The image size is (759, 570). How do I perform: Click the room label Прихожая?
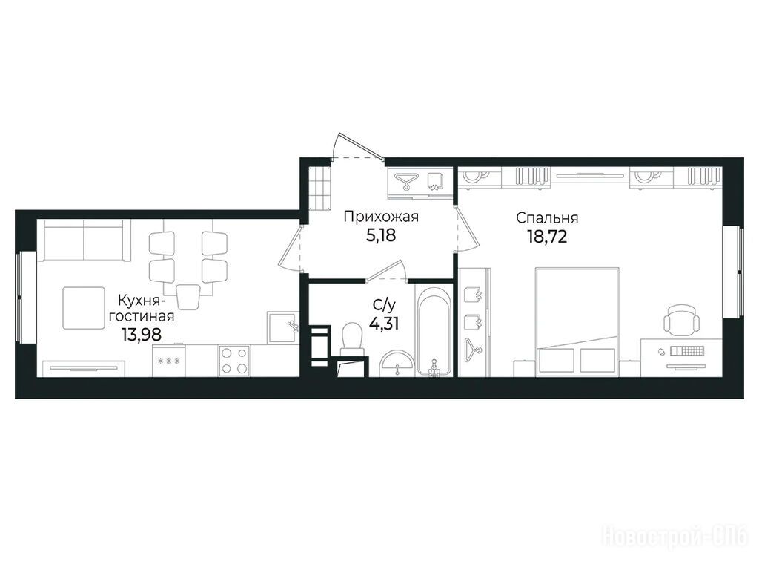click(381, 217)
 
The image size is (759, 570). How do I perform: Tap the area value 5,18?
click(382, 235)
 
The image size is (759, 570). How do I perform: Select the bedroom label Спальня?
click(547, 218)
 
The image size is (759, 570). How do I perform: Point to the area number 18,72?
click(547, 237)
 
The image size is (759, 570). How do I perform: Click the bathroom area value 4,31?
click(384, 323)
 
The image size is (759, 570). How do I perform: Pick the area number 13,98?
click(142, 334)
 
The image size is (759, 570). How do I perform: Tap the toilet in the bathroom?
click(352, 339)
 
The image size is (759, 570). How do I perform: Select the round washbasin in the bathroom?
click(397, 363)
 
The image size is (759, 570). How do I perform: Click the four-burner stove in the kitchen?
click(235, 360)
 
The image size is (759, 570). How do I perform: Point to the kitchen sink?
click(282, 327)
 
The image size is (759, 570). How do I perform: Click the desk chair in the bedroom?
click(681, 319)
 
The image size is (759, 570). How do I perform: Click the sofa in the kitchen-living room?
click(84, 240)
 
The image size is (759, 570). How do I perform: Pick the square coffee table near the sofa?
click(84, 308)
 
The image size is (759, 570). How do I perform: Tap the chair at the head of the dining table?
click(188, 295)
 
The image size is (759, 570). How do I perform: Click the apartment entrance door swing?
click(357, 146)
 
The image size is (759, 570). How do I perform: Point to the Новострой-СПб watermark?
click(675, 537)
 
